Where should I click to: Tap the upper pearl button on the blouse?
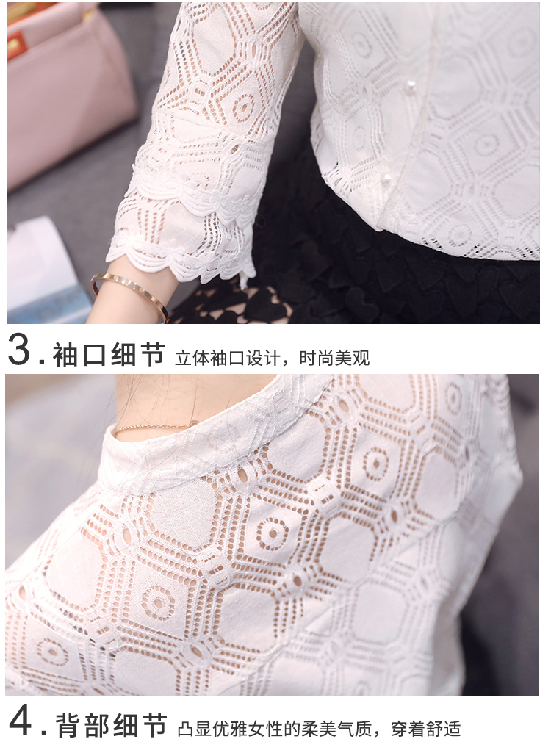(x=410, y=87)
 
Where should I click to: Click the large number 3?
(x=19, y=350)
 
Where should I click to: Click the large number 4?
(x=21, y=721)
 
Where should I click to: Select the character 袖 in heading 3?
(x=65, y=355)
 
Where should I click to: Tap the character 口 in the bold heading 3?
(x=95, y=355)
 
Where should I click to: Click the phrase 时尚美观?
(x=334, y=358)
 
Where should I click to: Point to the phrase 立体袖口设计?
(x=227, y=358)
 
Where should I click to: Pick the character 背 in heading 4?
(x=69, y=725)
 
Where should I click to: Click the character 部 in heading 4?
(x=98, y=725)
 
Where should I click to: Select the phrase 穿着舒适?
(x=425, y=729)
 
